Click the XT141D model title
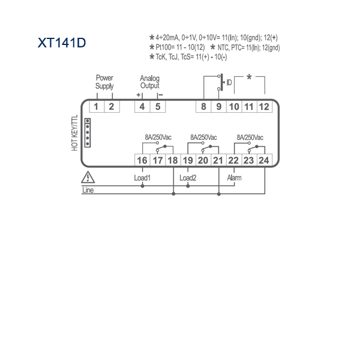(62, 43)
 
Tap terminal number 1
(96, 107)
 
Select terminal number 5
(158, 107)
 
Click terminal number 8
(203, 107)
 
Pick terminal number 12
(264, 107)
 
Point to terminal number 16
(142, 160)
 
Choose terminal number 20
(203, 160)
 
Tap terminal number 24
(263, 160)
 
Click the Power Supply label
(104, 82)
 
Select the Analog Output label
(149, 82)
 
